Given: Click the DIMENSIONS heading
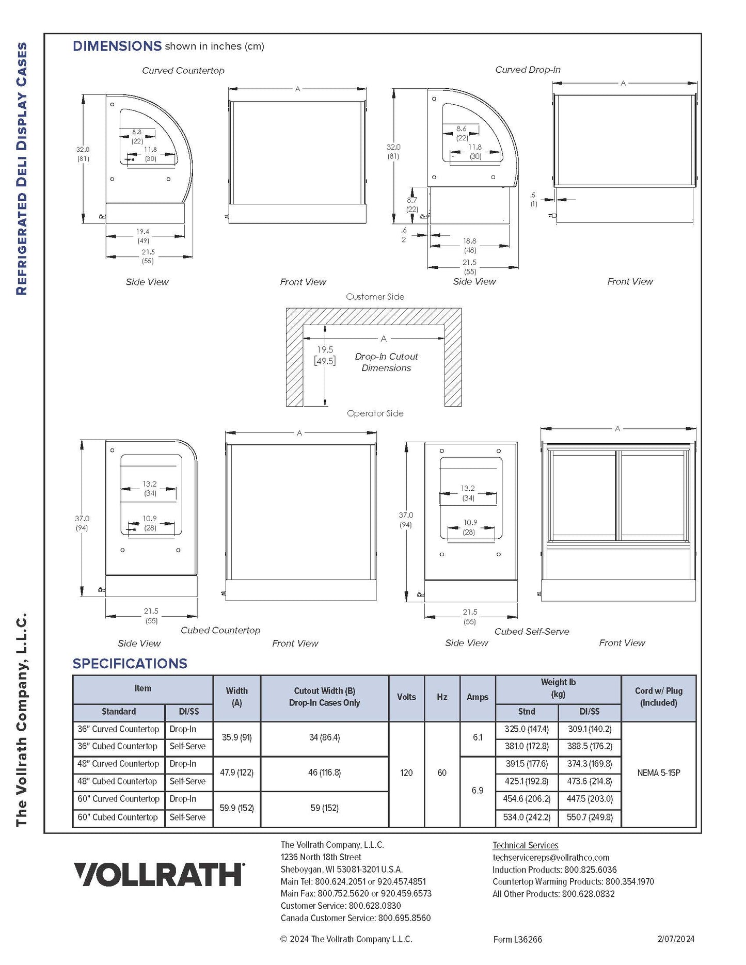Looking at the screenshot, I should coord(117,46).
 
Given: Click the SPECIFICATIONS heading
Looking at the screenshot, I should coord(130,664).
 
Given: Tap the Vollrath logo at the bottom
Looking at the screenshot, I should coord(159,875).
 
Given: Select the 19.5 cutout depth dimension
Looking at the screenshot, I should coord(325,350).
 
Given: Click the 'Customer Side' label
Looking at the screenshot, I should coord(375,297).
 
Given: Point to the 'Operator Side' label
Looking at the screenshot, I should coord(375,413).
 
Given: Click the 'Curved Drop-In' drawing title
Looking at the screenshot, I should coord(528,70).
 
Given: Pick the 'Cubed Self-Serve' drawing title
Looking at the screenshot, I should coord(532,632).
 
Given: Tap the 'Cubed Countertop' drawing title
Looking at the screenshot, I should coord(220,631).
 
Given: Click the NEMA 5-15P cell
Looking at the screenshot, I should coord(658,773).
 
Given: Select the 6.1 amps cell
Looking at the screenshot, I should coord(478,738).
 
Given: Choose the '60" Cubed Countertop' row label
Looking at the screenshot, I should coord(118,817).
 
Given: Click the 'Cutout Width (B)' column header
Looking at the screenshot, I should coord(324,697).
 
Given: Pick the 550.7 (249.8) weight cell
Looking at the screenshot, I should coord(590,817).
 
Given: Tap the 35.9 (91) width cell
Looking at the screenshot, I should coord(236,738).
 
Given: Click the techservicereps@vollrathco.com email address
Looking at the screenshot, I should coord(551,858).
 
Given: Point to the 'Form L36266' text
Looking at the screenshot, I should coord(517,940).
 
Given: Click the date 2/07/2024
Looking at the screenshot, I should coord(676,939).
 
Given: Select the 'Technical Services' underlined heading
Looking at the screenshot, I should coord(525,845).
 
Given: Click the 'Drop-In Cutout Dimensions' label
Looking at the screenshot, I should coord(386,362).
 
